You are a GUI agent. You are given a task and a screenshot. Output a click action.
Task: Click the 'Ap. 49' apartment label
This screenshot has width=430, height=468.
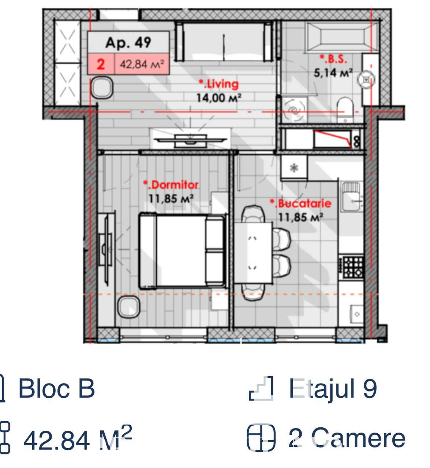click(x=128, y=43)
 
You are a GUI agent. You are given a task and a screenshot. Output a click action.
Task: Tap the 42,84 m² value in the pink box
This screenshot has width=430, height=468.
click(x=142, y=64)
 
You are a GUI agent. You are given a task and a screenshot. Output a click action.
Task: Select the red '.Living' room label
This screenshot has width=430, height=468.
click(x=218, y=84)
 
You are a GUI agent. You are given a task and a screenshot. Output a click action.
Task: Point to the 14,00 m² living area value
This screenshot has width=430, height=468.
click(x=218, y=98)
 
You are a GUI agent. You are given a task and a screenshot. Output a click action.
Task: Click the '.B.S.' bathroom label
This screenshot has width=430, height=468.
click(x=333, y=59)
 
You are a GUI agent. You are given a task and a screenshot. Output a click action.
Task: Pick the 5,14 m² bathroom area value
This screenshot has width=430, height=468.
click(x=333, y=73)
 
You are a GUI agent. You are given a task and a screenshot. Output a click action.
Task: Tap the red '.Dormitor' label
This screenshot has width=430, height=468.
click(x=171, y=185)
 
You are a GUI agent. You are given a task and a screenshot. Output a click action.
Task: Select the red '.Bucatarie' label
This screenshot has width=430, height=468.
click(x=300, y=204)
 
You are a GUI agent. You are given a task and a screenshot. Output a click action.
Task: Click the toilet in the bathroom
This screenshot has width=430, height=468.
click(x=345, y=110)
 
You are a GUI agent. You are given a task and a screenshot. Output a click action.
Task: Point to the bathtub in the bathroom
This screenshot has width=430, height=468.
click(x=342, y=37)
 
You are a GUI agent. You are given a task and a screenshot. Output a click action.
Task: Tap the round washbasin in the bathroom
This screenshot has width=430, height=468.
click(x=366, y=80)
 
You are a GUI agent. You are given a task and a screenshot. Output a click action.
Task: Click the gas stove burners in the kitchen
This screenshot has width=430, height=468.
click(x=353, y=268)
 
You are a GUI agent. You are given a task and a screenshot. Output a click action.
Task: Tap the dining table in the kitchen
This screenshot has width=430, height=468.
click(x=253, y=253)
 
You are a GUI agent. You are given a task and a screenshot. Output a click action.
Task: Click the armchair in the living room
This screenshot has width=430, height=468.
click(x=102, y=88)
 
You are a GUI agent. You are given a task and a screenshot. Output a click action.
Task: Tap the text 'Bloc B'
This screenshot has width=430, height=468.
click(x=56, y=388)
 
